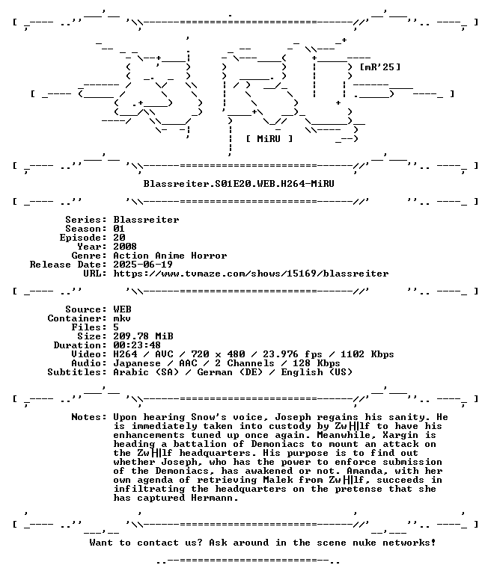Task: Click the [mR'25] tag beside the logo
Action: [380, 67]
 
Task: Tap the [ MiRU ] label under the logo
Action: [269, 139]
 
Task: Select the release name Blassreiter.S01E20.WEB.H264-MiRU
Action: [239, 183]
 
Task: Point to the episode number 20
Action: [119, 238]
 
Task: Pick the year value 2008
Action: [125, 247]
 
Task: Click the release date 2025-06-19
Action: [143, 265]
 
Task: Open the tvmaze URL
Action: [251, 274]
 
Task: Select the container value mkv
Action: [122, 318]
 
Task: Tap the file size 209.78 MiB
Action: [144, 336]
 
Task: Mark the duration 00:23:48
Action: [137, 345]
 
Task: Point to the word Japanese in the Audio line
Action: [137, 363]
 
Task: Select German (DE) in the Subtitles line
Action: [230, 372]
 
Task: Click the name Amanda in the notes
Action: [364, 471]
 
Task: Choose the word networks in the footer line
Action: [409, 543]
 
